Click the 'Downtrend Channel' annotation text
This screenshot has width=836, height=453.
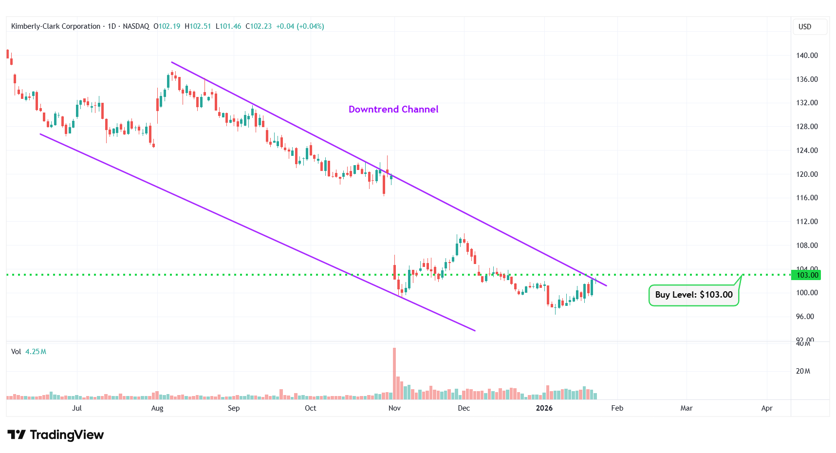[x=393, y=110]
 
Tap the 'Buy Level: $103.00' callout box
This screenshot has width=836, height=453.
[x=693, y=295]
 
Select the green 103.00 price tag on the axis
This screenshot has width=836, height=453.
[x=807, y=275]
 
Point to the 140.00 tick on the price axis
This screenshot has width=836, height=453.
[x=807, y=56]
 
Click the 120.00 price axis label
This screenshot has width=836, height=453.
[x=807, y=174]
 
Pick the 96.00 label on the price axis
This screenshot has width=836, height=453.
[x=805, y=317]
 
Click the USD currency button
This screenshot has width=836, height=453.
[x=805, y=27]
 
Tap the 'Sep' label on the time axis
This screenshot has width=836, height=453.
[x=234, y=408]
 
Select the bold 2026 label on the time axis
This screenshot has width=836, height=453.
[x=544, y=408]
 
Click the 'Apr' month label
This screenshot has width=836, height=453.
[x=766, y=408]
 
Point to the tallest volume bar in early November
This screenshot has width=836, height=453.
[x=394, y=373]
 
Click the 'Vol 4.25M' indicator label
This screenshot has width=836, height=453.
[x=29, y=352]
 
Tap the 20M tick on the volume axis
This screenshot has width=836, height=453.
[x=803, y=371]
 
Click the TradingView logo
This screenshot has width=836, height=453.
[x=56, y=434]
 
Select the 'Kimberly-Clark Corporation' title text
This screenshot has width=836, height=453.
[x=56, y=26]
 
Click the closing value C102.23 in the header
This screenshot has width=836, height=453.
[x=259, y=26]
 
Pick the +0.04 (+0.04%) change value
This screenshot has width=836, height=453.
[x=300, y=26]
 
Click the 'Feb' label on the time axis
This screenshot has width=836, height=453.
[x=617, y=408]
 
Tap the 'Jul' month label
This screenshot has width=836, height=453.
[x=77, y=408]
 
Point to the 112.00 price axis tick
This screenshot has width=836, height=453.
[x=807, y=222]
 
